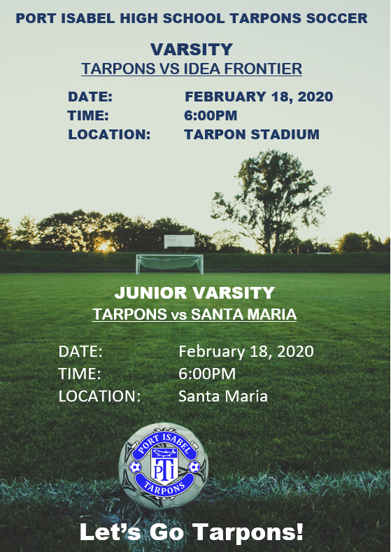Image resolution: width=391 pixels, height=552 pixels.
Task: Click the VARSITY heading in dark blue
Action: click(x=191, y=50)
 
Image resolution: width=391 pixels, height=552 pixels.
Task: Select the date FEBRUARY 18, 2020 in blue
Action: click(x=259, y=97)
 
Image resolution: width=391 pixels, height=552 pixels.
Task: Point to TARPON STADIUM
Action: click(x=252, y=134)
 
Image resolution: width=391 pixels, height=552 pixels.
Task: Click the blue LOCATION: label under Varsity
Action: click(x=109, y=134)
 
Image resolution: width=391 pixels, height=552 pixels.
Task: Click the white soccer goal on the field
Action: click(x=170, y=264)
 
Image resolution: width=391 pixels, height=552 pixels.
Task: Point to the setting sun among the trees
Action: click(x=104, y=246)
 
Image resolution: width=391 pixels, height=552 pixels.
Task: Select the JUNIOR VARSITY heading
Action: click(x=194, y=293)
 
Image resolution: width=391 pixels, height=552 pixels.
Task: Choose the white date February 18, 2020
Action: click(x=246, y=351)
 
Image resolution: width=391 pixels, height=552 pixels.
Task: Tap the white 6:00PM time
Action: click(x=207, y=374)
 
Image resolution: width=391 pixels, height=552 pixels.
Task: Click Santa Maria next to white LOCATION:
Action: click(x=223, y=396)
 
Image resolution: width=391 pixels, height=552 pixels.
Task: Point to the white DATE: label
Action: click(x=80, y=351)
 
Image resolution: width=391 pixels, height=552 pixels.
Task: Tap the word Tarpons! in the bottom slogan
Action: click(x=248, y=532)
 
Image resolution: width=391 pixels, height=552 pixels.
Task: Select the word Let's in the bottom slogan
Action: click(x=112, y=532)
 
